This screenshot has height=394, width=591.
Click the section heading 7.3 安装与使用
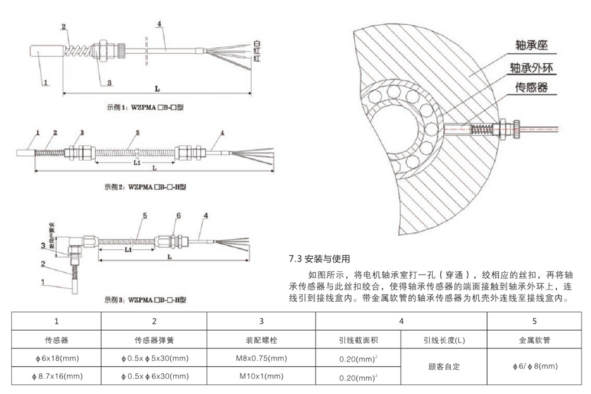(319, 259)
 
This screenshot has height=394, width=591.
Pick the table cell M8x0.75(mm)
(261, 358)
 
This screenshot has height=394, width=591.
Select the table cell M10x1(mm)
(261, 376)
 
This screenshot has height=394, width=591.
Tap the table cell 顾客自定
(443, 367)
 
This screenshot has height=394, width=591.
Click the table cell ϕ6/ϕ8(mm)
(535, 367)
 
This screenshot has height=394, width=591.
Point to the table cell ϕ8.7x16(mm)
(57, 376)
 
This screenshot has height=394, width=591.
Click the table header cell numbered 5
(535, 321)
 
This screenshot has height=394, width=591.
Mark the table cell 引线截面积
(358, 340)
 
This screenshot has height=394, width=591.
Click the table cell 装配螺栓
(261, 340)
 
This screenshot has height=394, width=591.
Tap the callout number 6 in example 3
(177, 216)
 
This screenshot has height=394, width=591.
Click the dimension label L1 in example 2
(137, 161)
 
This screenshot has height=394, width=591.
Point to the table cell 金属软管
(535, 340)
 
